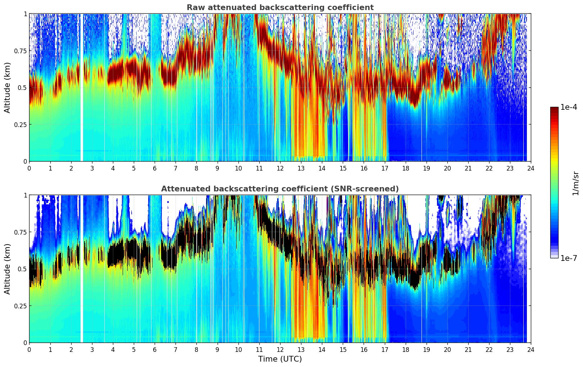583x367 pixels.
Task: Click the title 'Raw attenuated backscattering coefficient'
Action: (280, 8)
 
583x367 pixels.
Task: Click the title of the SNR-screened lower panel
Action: (280, 189)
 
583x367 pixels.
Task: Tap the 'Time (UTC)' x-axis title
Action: (280, 359)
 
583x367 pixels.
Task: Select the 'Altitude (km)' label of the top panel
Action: (8, 87)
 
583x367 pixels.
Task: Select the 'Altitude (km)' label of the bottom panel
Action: (8, 269)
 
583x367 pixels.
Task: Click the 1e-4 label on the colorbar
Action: (569, 107)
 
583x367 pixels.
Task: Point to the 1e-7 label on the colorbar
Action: (569, 258)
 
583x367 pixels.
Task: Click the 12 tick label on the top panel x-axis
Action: (280, 168)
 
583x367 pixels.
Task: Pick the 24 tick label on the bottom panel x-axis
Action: (531, 349)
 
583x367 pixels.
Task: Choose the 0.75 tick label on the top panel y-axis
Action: (20, 51)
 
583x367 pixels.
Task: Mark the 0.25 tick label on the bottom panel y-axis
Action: (20, 306)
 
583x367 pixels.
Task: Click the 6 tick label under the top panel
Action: (155, 168)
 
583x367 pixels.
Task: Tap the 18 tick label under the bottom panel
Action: (405, 349)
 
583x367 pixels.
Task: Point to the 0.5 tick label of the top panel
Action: (22, 87)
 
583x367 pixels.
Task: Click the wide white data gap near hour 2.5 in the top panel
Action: (82, 87)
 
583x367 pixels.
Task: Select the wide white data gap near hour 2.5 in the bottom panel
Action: (82, 269)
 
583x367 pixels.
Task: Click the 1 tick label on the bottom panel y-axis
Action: (25, 195)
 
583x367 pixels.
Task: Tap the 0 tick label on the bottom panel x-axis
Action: (29, 349)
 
